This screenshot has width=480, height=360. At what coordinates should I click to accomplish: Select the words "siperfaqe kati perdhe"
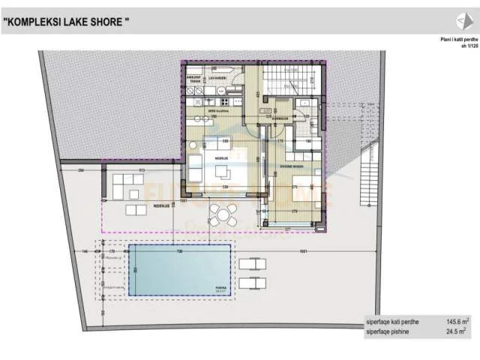[x=393, y=320]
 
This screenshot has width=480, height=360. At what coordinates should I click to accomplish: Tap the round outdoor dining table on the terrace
[x=220, y=215]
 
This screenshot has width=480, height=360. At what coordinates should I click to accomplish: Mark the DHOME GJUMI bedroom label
[x=292, y=166]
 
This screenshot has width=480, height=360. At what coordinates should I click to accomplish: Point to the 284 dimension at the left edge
[x=81, y=171]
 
